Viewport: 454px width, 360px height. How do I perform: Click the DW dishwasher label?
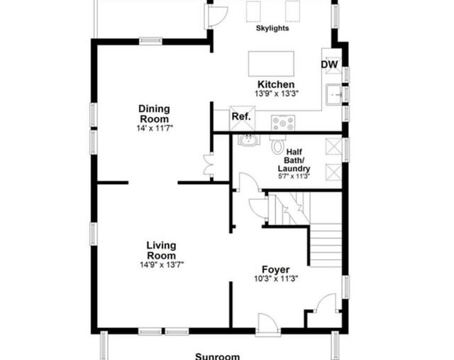click(x=328, y=65)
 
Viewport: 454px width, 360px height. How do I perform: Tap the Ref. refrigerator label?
click(x=240, y=116)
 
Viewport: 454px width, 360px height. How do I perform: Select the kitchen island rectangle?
click(x=271, y=63)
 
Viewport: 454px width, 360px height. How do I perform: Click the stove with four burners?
click(x=283, y=122)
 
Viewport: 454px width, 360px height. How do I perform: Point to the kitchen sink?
click(x=333, y=94)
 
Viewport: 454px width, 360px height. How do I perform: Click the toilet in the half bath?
click(x=277, y=146)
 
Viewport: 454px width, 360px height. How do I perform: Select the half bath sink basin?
click(x=248, y=140)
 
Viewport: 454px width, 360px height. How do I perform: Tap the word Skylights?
click(x=272, y=28)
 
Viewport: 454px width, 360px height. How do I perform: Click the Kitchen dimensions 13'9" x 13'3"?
click(x=277, y=94)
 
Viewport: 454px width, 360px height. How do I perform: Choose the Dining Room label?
click(x=154, y=113)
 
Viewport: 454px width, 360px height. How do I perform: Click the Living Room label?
click(x=161, y=250)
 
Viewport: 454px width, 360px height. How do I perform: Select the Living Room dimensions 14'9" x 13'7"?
click(x=161, y=265)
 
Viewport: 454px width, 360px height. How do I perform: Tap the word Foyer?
click(x=275, y=269)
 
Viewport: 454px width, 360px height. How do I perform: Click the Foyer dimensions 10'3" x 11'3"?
click(x=275, y=279)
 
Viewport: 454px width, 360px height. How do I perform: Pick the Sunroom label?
click(x=217, y=356)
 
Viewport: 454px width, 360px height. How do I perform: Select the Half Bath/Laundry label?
click(x=293, y=160)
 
